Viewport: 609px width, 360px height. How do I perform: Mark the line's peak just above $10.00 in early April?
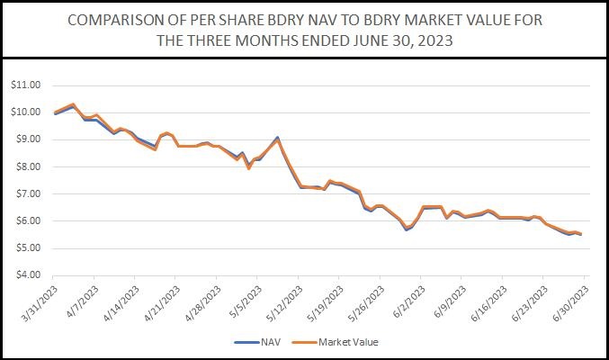coord(73,104)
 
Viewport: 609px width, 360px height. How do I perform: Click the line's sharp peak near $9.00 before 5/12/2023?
coord(278,138)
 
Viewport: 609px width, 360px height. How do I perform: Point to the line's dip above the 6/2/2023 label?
coord(407,229)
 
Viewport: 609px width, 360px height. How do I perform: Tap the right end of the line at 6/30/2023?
coord(580,234)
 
